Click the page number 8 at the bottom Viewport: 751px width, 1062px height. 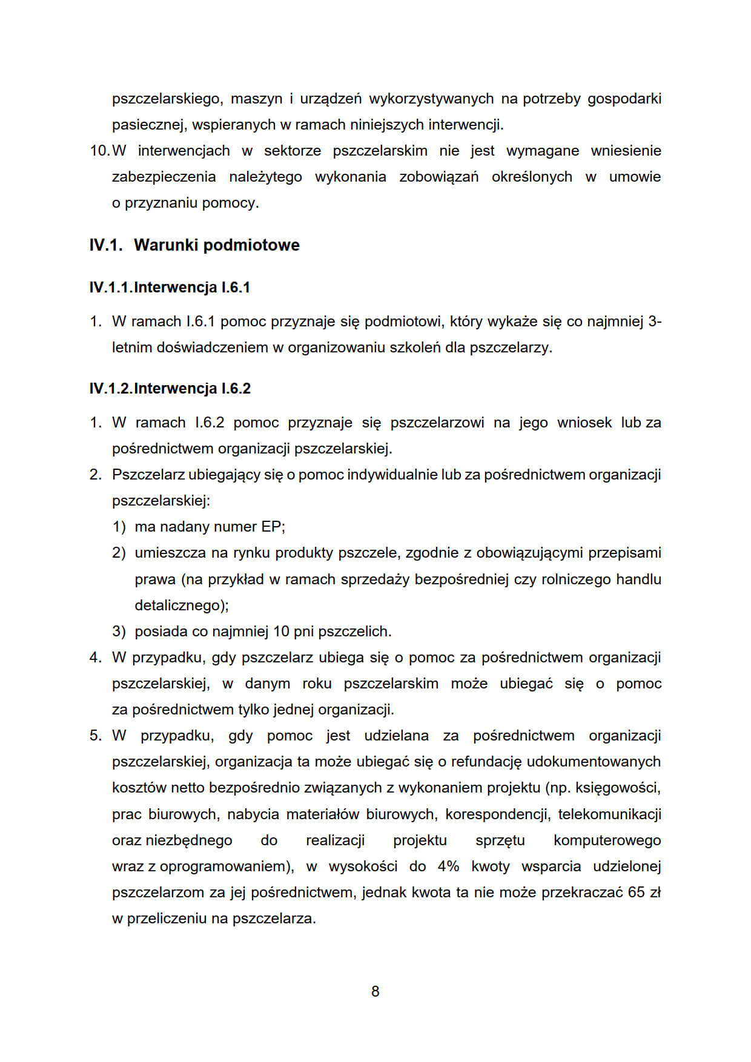pos(375,991)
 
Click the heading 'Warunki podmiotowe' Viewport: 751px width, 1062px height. pos(216,245)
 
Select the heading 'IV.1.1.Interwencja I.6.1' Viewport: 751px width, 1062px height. pos(170,288)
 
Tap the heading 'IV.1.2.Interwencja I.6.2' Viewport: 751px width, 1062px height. pos(170,389)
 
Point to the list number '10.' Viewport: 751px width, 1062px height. pos(99,151)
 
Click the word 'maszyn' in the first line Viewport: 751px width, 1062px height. pos(257,99)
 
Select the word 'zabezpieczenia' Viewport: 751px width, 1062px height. pos(164,177)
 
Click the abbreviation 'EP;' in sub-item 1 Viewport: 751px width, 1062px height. pos(273,527)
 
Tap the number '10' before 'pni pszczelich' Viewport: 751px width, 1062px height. pos(281,632)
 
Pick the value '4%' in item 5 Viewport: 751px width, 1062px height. pos(448,866)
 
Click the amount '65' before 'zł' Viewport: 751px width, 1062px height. pos(636,892)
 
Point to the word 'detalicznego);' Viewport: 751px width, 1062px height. pos(182,605)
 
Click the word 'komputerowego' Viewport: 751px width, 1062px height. pos(607,840)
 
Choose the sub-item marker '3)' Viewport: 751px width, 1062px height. pos(119,632)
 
